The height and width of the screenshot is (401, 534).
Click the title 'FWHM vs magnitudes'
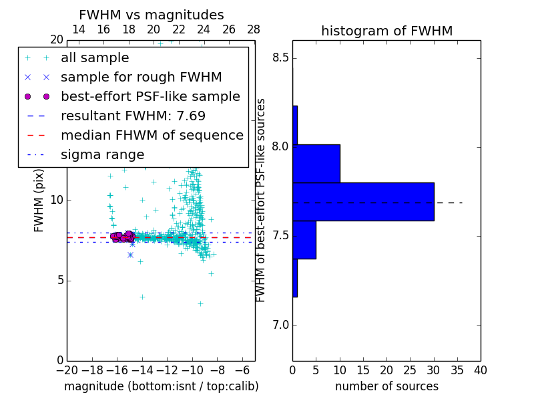(151, 15)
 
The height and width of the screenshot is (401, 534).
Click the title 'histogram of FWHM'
(386, 31)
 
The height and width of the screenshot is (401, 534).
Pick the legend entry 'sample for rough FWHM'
(141, 78)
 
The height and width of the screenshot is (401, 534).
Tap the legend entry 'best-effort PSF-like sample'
(150, 97)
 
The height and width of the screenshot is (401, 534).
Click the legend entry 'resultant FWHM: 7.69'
(133, 116)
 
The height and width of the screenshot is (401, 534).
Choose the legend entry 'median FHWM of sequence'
(152, 136)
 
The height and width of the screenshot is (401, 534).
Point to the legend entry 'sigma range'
(102, 155)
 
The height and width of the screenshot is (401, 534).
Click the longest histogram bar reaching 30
(363, 201)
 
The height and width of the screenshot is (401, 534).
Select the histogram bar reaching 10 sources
(316, 163)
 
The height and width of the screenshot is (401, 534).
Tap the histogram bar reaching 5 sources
(304, 239)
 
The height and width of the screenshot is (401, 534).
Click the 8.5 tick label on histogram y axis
(281, 57)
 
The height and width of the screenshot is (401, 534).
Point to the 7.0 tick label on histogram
(281, 325)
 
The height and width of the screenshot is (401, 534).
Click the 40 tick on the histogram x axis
(480, 369)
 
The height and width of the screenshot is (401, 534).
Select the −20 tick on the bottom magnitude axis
(67, 369)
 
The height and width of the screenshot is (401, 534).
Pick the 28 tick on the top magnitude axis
(254, 29)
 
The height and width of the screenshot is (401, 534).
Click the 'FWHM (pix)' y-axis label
(39, 201)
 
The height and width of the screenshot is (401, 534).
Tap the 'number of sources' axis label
(386, 386)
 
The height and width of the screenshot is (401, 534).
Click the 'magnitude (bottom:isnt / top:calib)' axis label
(161, 386)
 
